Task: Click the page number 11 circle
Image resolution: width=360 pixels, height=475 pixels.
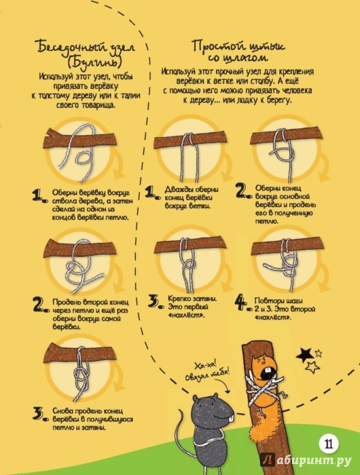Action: pos(329,444)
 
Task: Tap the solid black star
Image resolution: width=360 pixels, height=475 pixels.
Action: pos(305,355)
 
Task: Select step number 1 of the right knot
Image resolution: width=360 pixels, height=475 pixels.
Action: pos(152,192)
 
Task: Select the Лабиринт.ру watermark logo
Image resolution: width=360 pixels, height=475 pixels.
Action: pos(306,460)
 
